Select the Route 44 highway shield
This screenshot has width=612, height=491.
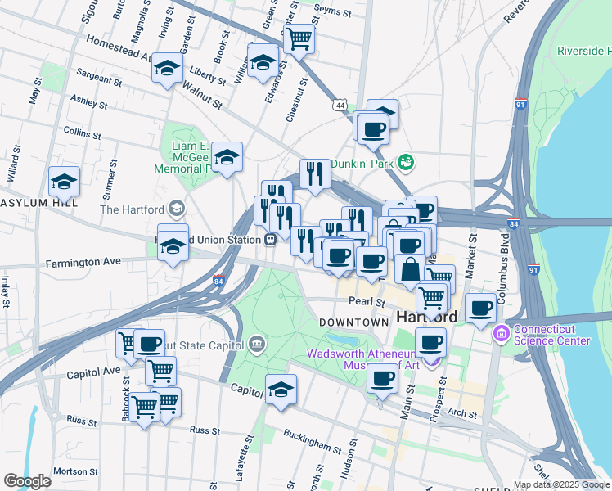click(340, 106)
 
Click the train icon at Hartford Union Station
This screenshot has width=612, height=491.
click(268, 239)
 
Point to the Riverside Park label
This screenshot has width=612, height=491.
click(584, 51)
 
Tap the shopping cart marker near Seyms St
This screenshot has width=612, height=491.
click(299, 36)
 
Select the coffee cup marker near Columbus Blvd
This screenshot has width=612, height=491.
click(481, 308)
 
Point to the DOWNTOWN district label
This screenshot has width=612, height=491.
click(353, 322)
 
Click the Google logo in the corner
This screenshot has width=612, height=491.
click(28, 481)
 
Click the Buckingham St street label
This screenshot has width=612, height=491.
click(312, 442)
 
